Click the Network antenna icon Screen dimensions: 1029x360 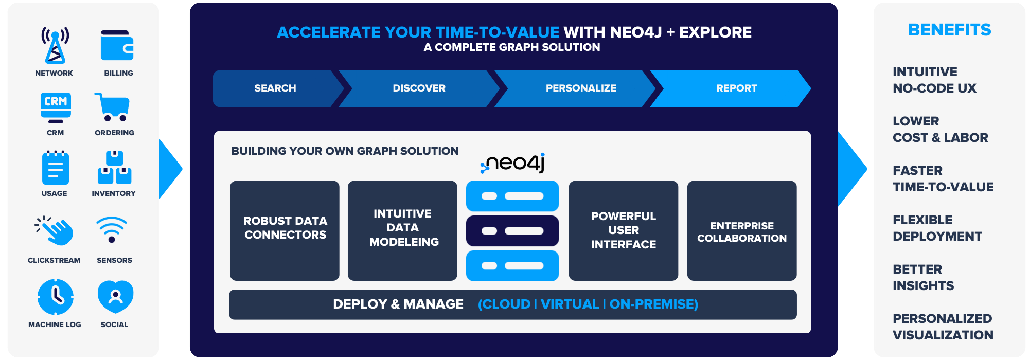pos(55,45)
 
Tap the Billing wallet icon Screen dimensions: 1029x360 pos(117,46)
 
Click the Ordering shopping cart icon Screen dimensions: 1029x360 pos(112,107)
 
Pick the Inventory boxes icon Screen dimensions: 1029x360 pos(114,168)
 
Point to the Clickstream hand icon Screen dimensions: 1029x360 pos(55,230)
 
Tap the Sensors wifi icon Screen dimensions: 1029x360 pos(112,229)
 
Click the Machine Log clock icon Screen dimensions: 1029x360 pos(56,297)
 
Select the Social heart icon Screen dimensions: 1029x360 pos(116,297)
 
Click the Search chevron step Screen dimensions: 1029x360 pos(275,88)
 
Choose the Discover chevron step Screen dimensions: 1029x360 pos(419,88)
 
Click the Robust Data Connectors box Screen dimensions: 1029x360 pos(285,230)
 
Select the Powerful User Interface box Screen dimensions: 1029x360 pos(624,230)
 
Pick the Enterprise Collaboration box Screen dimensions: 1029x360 pos(742,230)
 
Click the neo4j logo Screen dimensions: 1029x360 pos(512,163)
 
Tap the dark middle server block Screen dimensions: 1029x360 pos(512,231)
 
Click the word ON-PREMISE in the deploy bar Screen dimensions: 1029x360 pos(654,304)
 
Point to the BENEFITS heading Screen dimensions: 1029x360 pos(950,30)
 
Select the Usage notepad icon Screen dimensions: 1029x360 pos(55,168)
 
